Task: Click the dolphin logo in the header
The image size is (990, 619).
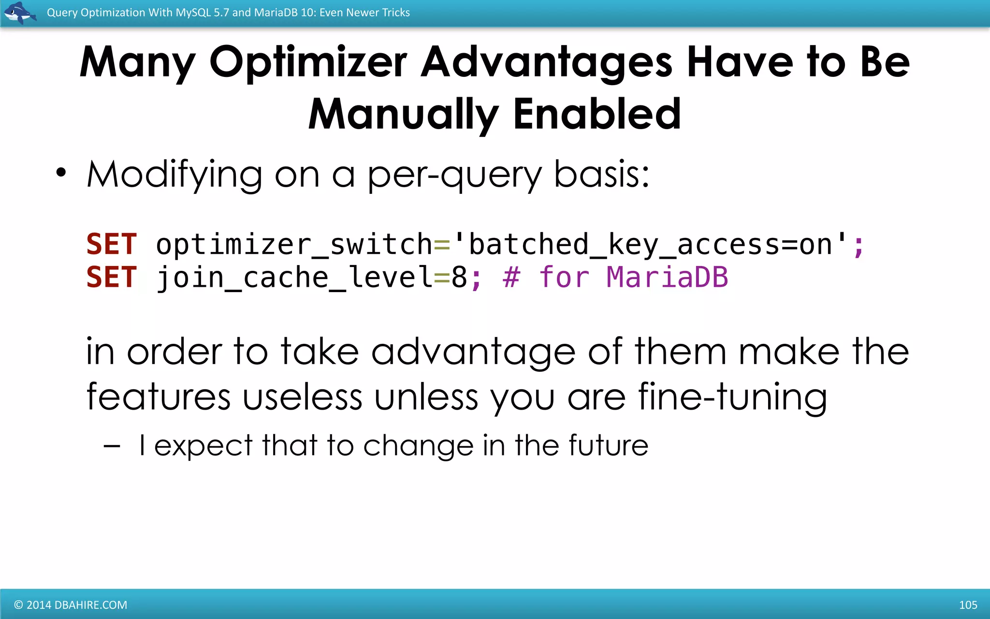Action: click(x=19, y=13)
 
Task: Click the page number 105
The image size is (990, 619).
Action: click(x=968, y=605)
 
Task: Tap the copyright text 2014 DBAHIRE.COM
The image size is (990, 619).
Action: click(x=71, y=605)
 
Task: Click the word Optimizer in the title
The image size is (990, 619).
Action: click(x=308, y=62)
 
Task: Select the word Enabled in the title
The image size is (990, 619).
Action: click(x=597, y=114)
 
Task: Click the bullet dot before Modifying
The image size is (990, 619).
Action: click(x=61, y=173)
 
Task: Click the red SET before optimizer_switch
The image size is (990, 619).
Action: click(x=112, y=244)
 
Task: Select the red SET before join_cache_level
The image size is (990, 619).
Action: click(x=112, y=277)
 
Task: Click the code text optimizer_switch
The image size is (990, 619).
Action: click(x=294, y=245)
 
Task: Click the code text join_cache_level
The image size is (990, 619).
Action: click(x=294, y=278)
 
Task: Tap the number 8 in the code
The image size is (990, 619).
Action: click(x=459, y=278)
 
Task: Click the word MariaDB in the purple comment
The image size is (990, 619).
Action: click(x=667, y=277)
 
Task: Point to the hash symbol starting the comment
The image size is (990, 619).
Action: click(x=511, y=278)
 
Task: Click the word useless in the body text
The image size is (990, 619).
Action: click(x=302, y=397)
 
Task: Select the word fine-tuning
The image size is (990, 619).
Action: click(x=732, y=397)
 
